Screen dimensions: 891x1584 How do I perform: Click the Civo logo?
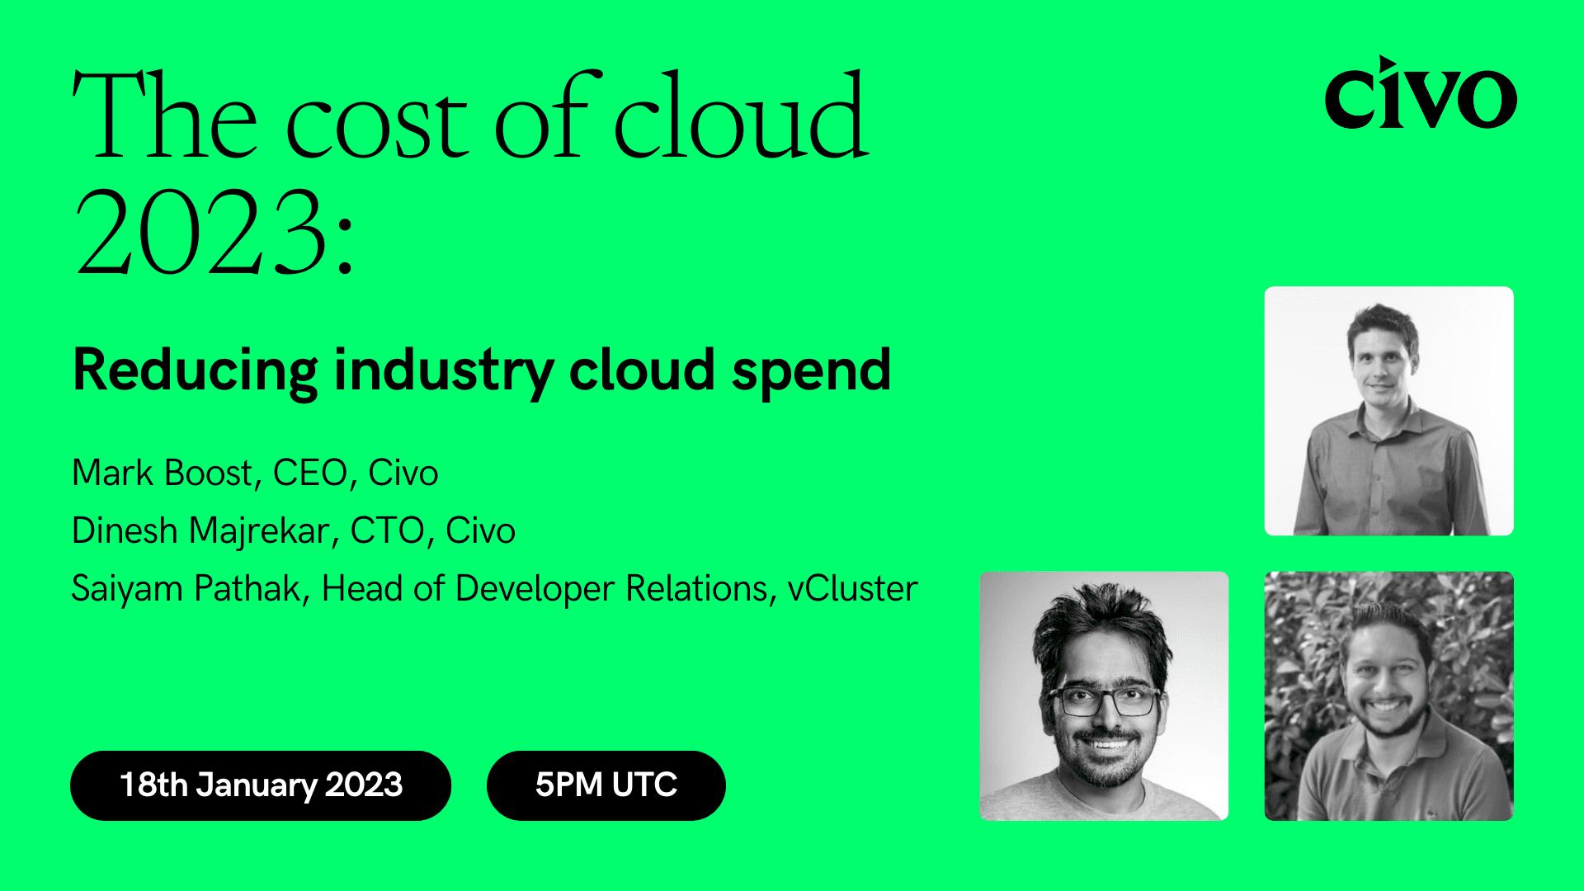(1420, 95)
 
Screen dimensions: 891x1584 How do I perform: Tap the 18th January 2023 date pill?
(261, 785)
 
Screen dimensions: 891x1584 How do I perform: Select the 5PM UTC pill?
(606, 785)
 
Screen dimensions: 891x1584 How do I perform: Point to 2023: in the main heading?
(214, 234)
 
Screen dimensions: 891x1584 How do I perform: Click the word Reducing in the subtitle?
(195, 371)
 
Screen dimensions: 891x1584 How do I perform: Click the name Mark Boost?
(162, 474)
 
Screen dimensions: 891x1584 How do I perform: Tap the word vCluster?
(852, 589)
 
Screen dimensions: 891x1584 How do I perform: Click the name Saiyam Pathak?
(186, 589)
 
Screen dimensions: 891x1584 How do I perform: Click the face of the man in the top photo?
(1382, 363)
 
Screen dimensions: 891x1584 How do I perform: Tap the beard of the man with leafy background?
(1387, 723)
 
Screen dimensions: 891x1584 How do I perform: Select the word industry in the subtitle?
(444, 371)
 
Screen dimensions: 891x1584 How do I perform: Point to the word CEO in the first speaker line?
(310, 474)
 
